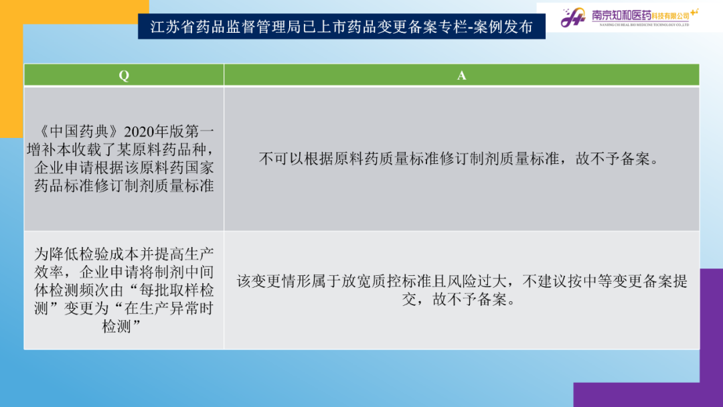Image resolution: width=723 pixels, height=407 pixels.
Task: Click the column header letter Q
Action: tap(124, 76)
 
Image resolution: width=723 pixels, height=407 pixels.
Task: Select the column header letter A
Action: tap(461, 76)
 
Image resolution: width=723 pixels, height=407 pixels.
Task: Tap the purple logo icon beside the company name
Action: tap(573, 17)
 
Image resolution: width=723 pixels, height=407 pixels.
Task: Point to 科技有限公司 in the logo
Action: tap(670, 16)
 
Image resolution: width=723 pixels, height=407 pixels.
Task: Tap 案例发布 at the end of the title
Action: tap(503, 27)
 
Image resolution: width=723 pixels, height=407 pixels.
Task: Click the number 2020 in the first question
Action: tap(139, 132)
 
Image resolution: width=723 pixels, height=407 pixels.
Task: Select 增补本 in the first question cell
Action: tap(50, 150)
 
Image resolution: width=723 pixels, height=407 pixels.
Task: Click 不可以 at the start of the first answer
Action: tap(281, 159)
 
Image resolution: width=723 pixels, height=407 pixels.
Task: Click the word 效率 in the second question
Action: tap(49, 272)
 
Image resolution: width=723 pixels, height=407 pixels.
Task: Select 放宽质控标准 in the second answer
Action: tap(386, 281)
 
